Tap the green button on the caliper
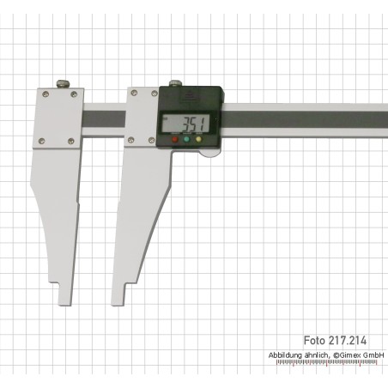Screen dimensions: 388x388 186,140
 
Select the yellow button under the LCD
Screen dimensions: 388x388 198,140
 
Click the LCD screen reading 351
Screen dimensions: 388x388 186,124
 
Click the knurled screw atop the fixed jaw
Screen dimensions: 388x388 64,83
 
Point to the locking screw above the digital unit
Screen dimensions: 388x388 174,83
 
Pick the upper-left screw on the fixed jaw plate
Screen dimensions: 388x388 45,94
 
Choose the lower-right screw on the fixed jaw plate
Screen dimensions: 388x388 70,141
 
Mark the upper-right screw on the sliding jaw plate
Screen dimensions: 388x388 154,94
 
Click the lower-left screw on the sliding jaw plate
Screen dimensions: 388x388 130,140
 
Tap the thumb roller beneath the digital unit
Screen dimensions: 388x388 210,154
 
